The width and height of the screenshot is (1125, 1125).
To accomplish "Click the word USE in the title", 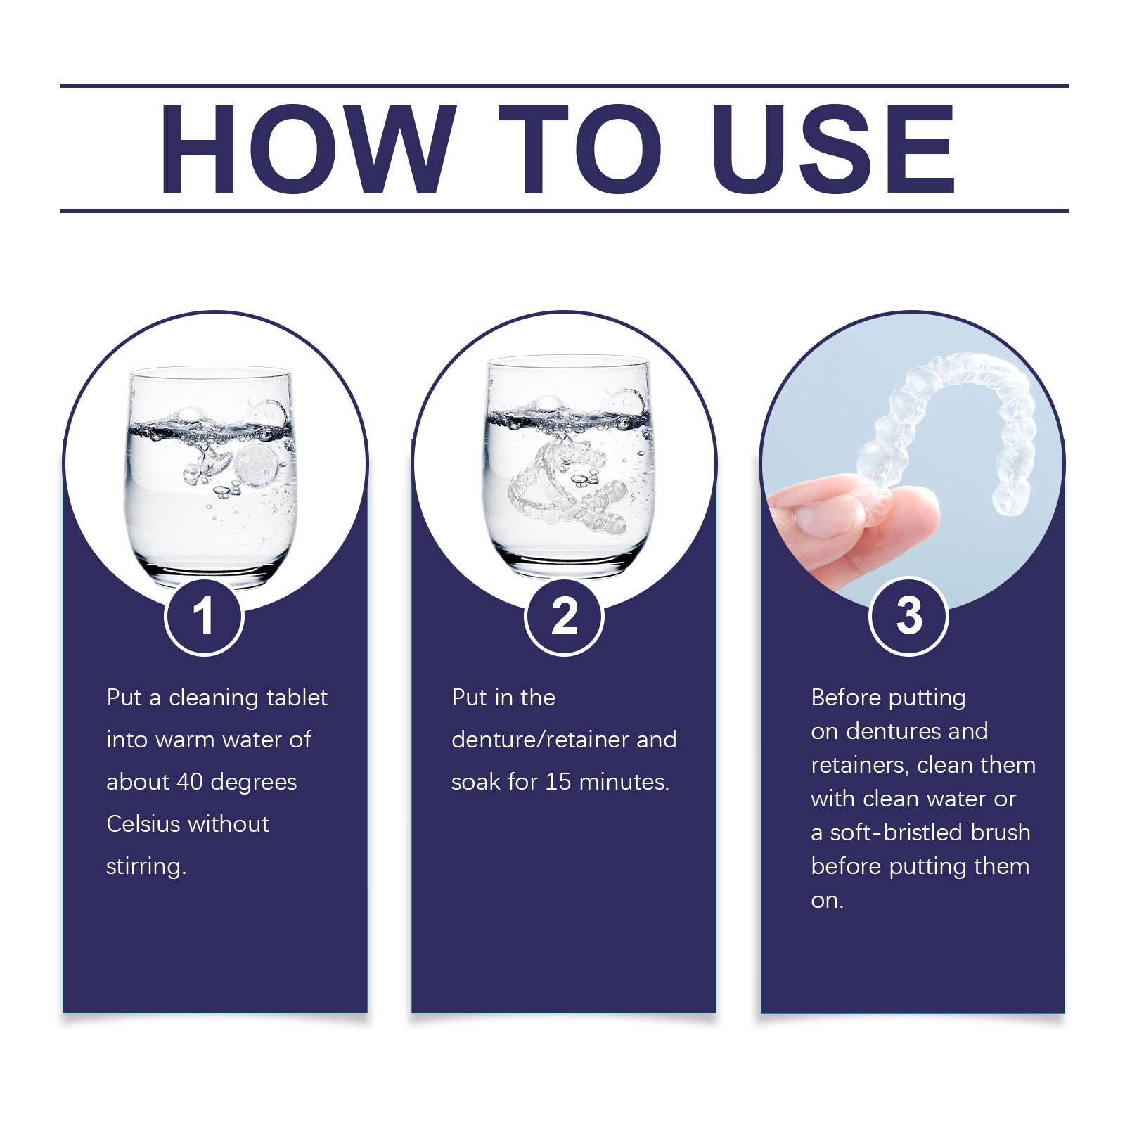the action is (837, 149).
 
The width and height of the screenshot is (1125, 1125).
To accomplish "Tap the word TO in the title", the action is (580, 149).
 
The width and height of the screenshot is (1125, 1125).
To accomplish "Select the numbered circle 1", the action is (204, 616).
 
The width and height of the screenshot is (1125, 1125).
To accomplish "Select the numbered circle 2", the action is (564, 616).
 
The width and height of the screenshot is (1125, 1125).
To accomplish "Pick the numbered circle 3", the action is (909, 616).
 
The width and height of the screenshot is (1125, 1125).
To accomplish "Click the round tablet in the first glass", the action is (254, 465).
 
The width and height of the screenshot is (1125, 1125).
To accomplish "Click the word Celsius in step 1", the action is (143, 823).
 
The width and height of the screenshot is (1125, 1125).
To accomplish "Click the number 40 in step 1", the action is (190, 782).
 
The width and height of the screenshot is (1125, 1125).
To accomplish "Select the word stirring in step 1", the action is (146, 867).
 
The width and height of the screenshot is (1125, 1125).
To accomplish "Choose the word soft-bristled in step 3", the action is (895, 832).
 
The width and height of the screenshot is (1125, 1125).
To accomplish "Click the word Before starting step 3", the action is (847, 697).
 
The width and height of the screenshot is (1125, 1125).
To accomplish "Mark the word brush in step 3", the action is (999, 832).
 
